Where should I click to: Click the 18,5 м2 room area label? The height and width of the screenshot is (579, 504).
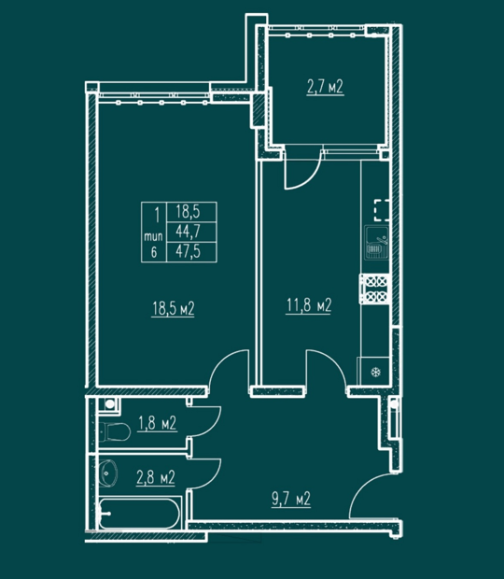click(x=173, y=309)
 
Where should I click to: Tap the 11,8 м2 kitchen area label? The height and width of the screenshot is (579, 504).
click(x=309, y=305)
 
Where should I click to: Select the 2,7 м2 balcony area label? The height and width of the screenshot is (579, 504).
click(x=325, y=87)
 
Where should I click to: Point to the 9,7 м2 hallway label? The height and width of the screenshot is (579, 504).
click(x=291, y=500)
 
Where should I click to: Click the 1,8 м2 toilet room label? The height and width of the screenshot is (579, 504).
click(x=157, y=423)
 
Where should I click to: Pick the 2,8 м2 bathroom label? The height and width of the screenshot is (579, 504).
click(x=156, y=477)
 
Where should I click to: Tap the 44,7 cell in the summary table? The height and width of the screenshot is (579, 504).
click(x=189, y=232)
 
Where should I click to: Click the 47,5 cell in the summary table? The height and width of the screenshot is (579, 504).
click(x=189, y=251)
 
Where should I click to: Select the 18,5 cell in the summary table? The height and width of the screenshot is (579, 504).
click(x=189, y=212)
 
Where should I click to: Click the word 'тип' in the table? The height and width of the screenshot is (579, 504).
click(x=153, y=236)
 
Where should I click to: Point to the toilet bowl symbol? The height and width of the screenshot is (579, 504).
click(x=117, y=431)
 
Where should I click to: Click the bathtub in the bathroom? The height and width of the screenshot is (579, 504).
click(x=139, y=514)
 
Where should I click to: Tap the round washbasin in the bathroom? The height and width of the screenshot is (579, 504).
click(x=108, y=473)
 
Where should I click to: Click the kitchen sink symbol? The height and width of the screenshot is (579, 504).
click(x=377, y=242)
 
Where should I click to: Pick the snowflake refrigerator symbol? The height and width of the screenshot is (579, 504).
click(x=375, y=372)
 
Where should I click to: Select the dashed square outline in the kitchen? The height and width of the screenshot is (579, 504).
click(x=382, y=210)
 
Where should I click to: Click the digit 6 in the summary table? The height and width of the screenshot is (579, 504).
click(x=154, y=252)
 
